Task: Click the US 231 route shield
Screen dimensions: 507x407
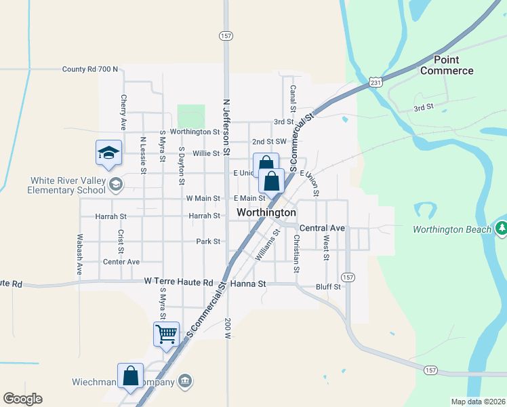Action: (376, 81)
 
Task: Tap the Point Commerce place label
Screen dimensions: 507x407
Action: (445, 66)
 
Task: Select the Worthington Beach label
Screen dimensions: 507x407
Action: (452, 229)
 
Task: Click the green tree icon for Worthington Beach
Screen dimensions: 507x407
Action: (502, 229)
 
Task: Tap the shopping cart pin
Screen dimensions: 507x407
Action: (166, 334)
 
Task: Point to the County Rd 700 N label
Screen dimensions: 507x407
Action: (89, 69)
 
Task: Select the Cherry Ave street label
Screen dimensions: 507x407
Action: (124, 112)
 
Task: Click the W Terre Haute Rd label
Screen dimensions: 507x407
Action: (179, 282)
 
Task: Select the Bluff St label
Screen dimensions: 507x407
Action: (327, 287)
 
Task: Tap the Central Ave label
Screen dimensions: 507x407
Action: (322, 228)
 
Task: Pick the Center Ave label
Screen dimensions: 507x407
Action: (121, 261)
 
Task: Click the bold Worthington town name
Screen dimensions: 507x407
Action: (266, 212)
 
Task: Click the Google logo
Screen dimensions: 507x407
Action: (22, 399)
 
